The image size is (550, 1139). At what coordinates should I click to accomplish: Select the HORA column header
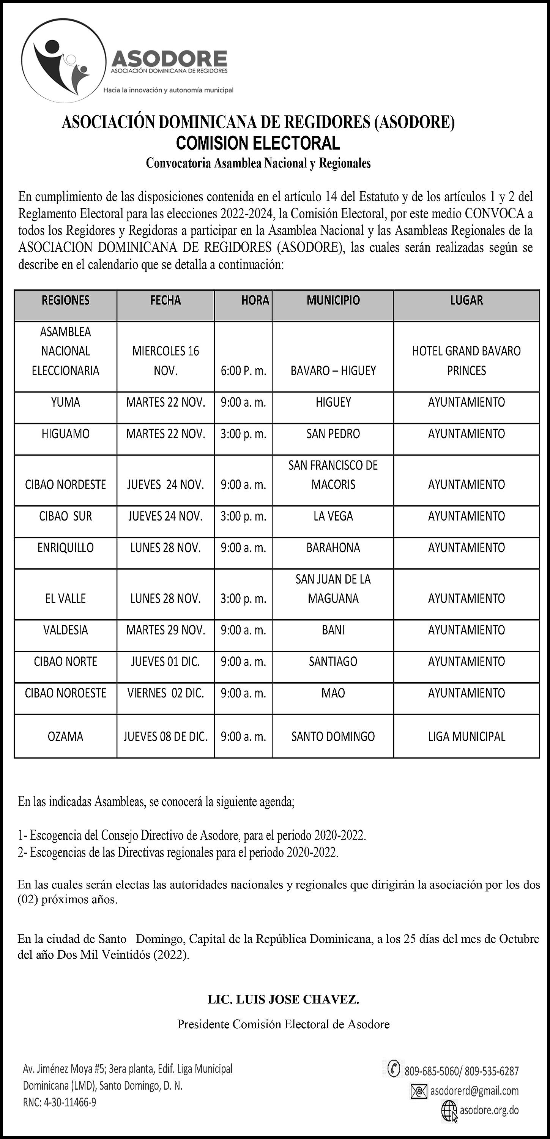(255, 301)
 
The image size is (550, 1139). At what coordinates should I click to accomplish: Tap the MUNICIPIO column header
(333, 301)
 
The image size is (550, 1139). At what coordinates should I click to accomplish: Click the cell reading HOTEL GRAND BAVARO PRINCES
(466, 360)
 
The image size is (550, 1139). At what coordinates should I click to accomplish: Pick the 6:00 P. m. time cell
(244, 371)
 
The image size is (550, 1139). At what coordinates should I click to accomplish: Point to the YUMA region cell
(65, 402)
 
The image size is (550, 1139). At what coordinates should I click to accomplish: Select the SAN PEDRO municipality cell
(333, 434)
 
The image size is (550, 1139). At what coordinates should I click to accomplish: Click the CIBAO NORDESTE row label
(65, 484)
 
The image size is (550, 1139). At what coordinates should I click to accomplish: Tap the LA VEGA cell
(333, 516)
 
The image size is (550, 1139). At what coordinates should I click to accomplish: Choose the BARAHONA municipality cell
(333, 548)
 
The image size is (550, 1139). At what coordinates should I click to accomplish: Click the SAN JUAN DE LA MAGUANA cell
(333, 588)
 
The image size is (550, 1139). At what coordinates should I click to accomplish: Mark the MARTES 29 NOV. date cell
(165, 630)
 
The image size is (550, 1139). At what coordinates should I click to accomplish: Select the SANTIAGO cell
(333, 661)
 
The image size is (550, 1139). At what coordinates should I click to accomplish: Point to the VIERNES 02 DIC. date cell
(165, 693)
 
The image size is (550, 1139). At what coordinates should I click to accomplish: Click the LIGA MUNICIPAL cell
(466, 736)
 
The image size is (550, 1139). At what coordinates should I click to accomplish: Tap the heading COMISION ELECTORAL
(258, 143)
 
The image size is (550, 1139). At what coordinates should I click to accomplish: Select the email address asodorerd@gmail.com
(474, 1091)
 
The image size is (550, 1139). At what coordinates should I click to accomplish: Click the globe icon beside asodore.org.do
(449, 1111)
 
